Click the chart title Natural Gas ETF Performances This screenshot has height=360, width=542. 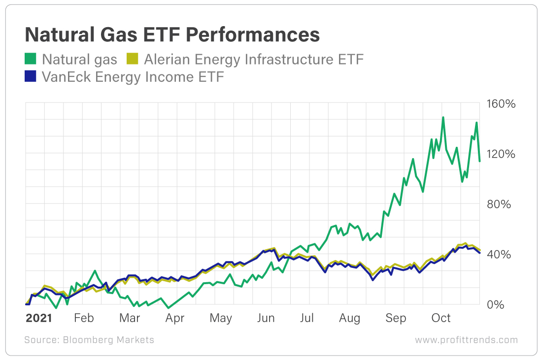click(x=172, y=35)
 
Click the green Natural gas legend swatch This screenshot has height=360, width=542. click(x=31, y=60)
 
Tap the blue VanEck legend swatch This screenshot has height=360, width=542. click(x=31, y=77)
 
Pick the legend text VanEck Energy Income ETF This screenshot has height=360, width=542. click(x=133, y=77)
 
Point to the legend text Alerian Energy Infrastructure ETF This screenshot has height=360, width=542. click(x=254, y=60)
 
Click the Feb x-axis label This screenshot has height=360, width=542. click(x=84, y=318)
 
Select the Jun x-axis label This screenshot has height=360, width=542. click(x=266, y=318)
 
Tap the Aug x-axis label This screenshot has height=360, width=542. click(x=349, y=318)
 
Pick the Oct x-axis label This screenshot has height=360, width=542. click(x=441, y=318)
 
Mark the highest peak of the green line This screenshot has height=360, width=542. click(x=443, y=117)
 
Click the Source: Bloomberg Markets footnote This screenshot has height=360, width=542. click(x=89, y=340)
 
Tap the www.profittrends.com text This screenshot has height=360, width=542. click(x=466, y=340)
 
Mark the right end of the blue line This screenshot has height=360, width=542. click(x=479, y=253)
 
